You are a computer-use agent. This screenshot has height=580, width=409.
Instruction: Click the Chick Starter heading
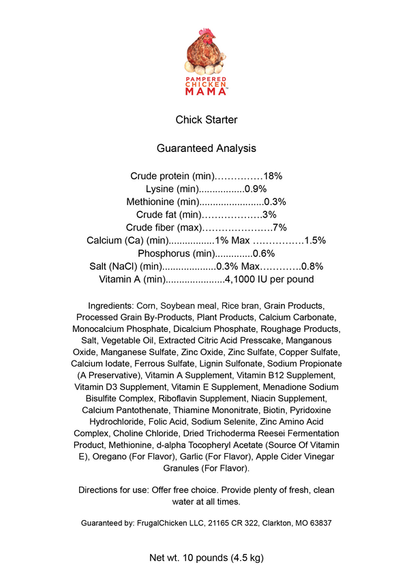(x=207, y=120)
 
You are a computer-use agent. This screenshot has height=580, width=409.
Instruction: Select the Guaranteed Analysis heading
(x=207, y=147)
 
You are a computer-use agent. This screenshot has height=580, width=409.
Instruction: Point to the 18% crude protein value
(x=273, y=176)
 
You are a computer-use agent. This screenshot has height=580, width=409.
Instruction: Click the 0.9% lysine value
(x=256, y=189)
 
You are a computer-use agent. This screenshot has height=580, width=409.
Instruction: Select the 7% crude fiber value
(x=279, y=228)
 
